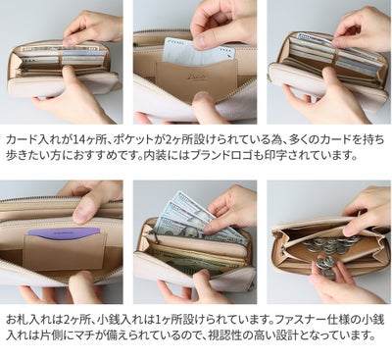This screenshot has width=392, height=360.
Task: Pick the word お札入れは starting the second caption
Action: tap(28, 320)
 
